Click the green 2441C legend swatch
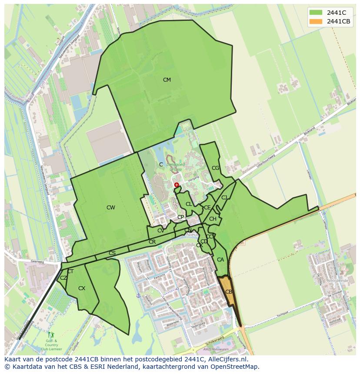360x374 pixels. pos(316,13)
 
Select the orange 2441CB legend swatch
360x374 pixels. pos(316,21)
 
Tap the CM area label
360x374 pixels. pos(167,80)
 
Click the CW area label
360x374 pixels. pos(111,208)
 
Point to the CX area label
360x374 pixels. pos(82,288)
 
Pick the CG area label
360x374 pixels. pos(216,168)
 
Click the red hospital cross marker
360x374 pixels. pos(177,185)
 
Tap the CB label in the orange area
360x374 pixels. pos(229,292)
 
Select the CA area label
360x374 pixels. pos(220,260)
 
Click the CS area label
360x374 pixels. pos(112,253)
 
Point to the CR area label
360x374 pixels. pos(152,242)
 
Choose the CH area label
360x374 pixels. pos(213,219)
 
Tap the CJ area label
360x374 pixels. pos(224,198)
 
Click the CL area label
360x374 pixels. pos(189,204)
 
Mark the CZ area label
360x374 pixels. pos(63,278)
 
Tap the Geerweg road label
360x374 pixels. pos(38,262)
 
